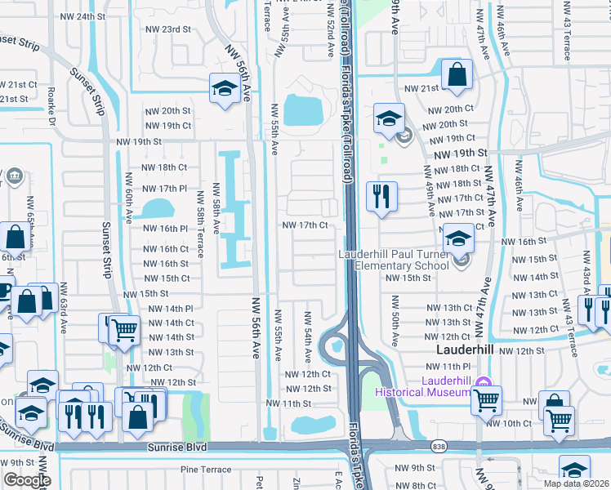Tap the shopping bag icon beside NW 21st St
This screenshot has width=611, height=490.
pos(457,75)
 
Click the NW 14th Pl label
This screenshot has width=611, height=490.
pos(170,309)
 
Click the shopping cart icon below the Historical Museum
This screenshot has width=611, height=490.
pos(486,399)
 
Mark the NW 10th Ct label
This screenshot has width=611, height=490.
pos(508,423)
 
